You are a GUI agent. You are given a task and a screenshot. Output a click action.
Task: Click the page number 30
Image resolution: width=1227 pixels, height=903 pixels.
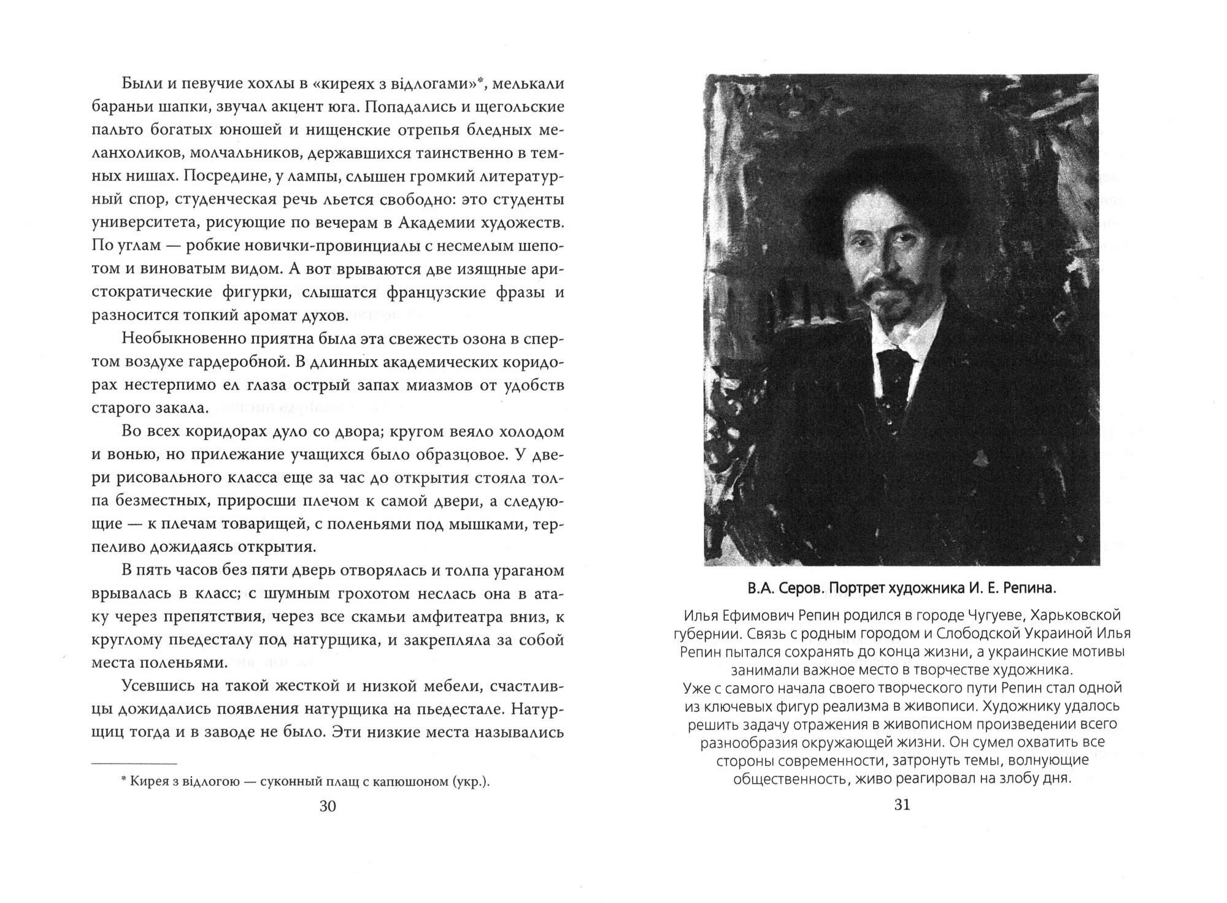[328, 806]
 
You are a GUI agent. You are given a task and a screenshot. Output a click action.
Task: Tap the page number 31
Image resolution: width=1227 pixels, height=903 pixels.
[902, 805]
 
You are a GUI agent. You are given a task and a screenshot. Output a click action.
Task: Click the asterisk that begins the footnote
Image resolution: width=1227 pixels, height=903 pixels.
[123, 780]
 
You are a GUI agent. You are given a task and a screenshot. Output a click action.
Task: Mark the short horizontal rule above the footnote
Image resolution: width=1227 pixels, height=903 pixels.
[134, 764]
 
